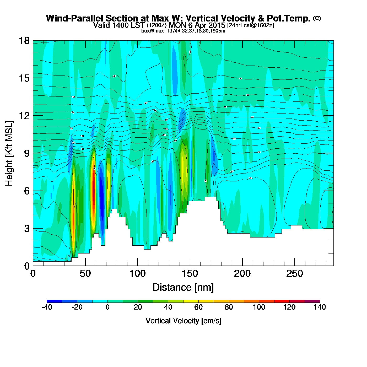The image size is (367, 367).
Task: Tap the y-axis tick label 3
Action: [x=27, y=228]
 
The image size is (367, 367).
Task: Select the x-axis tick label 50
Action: [x=85, y=274]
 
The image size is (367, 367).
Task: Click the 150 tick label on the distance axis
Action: [x=190, y=274]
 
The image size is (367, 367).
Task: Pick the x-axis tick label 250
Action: [x=294, y=274]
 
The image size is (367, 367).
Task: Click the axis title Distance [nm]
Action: [x=183, y=288]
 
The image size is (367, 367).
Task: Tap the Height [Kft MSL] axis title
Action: [x=9, y=153]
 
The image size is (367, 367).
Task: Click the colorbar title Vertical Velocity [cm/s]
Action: [x=183, y=321]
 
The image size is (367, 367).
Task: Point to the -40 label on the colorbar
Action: [x=47, y=307]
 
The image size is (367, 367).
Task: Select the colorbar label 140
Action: [x=320, y=307]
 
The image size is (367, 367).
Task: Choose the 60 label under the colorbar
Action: [x=198, y=307]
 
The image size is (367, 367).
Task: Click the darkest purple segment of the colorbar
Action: [x=312, y=301]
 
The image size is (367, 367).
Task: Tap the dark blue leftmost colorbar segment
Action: [x=54, y=301]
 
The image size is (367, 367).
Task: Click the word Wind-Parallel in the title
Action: [x=75, y=18]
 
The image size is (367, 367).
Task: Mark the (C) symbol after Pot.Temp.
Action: [x=317, y=18]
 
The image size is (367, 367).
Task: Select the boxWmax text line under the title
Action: [x=183, y=31]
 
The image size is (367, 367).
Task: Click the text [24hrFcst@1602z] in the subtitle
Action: [x=250, y=25]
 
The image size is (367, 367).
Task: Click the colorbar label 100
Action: [x=259, y=307]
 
